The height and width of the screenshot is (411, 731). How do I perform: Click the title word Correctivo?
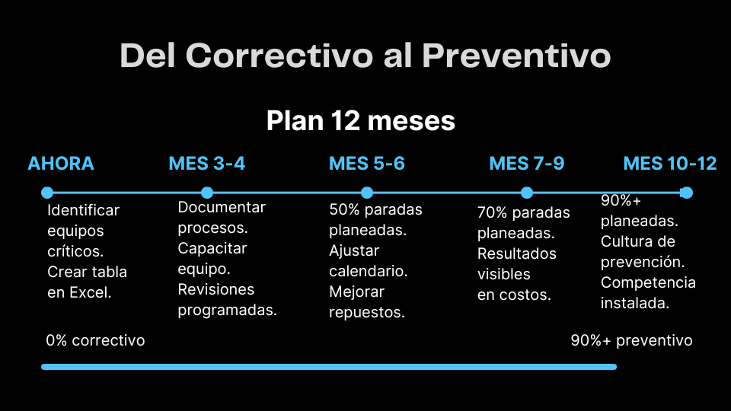click(279, 56)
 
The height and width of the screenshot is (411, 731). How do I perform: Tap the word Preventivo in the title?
click(516, 56)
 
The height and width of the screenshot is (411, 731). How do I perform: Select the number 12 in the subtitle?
click(346, 121)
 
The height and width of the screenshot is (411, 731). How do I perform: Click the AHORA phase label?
click(61, 164)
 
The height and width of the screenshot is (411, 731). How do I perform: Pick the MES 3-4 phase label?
click(206, 164)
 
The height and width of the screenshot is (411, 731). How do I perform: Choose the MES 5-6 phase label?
click(367, 164)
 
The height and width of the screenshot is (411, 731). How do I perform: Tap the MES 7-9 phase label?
click(527, 164)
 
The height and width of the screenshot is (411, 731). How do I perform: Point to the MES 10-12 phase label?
click(670, 164)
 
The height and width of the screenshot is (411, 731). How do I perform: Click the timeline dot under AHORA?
click(47, 193)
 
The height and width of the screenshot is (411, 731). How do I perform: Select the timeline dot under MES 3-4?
click(207, 193)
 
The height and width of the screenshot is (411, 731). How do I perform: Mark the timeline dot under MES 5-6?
click(367, 193)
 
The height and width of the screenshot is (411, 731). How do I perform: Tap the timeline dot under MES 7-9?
click(527, 193)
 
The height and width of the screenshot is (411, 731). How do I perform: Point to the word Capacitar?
click(212, 248)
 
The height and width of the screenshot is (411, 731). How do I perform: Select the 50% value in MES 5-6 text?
click(344, 210)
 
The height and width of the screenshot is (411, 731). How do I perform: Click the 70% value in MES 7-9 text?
click(493, 212)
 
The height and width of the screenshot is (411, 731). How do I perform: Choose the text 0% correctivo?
click(96, 341)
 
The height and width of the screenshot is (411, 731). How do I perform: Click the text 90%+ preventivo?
click(632, 341)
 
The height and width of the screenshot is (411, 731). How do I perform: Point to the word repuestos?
click(367, 312)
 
